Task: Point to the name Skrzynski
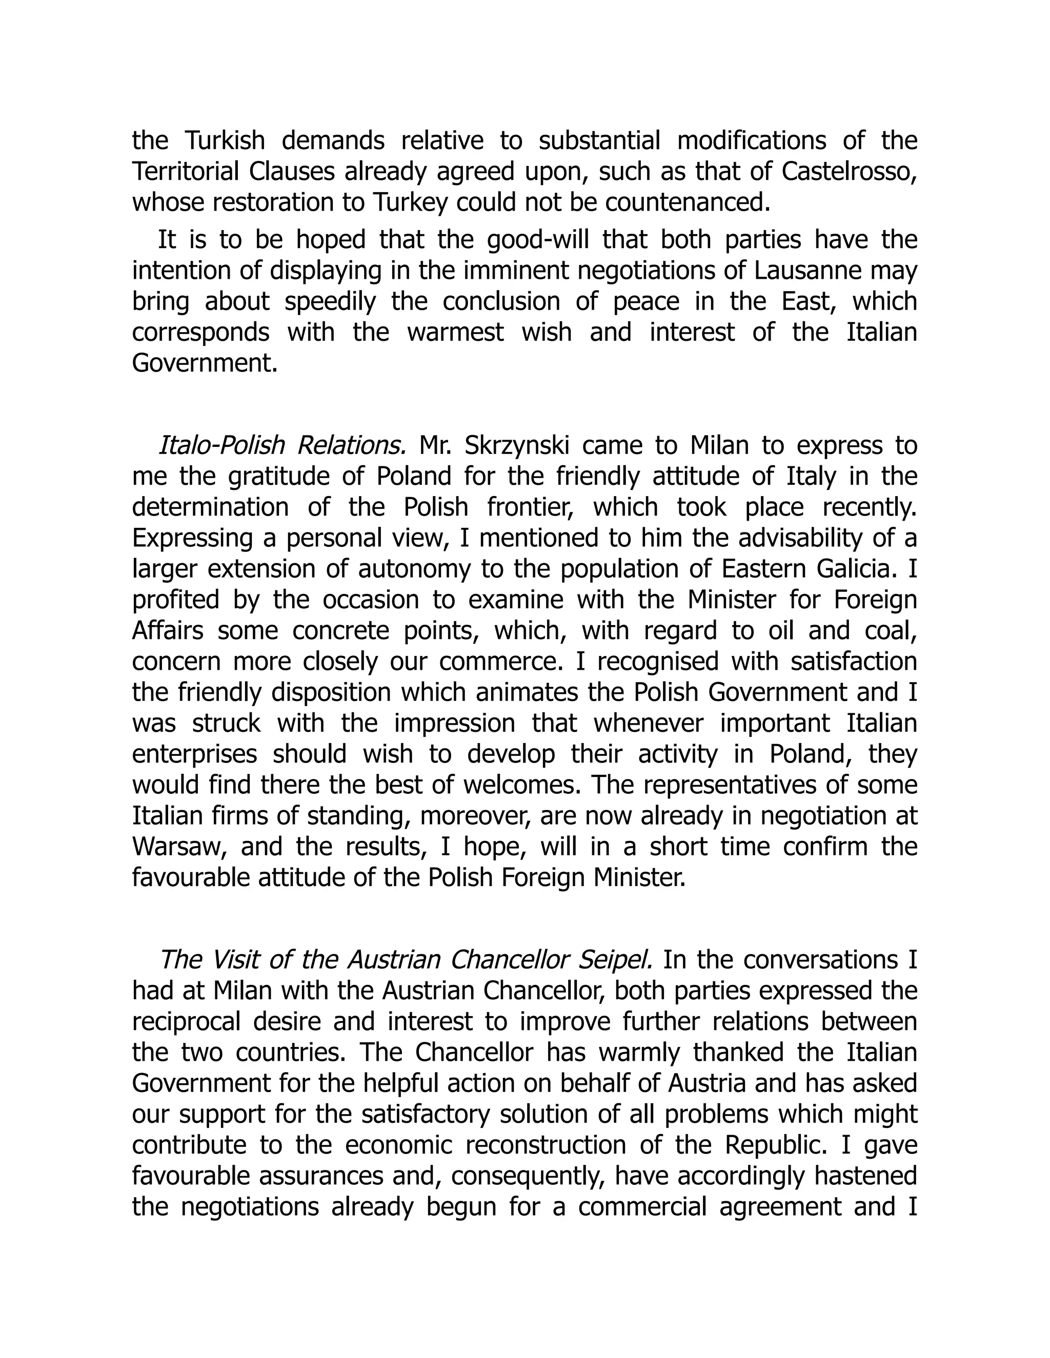(x=516, y=446)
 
